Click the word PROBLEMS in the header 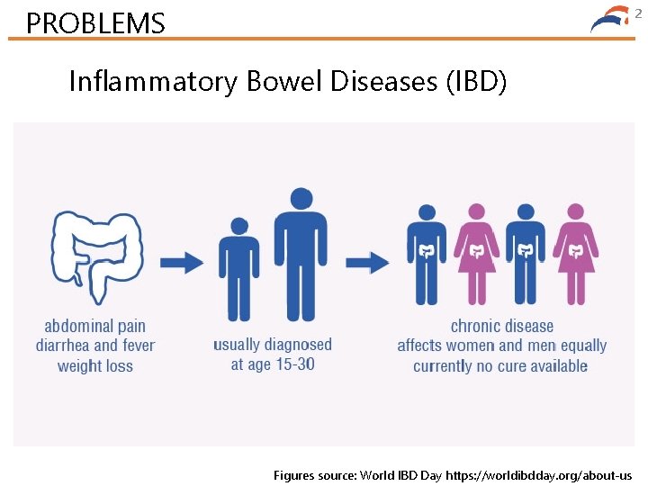[x=95, y=22]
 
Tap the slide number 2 [x=638, y=13]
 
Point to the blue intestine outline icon [x=96, y=257]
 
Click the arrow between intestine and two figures [x=183, y=262]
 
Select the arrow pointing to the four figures [x=367, y=262]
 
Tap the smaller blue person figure [x=238, y=268]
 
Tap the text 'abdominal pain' [x=94, y=326]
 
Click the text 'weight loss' [x=94, y=365]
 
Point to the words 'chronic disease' [x=501, y=326]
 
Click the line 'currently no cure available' [x=500, y=365]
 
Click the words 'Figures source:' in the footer [x=314, y=474]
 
